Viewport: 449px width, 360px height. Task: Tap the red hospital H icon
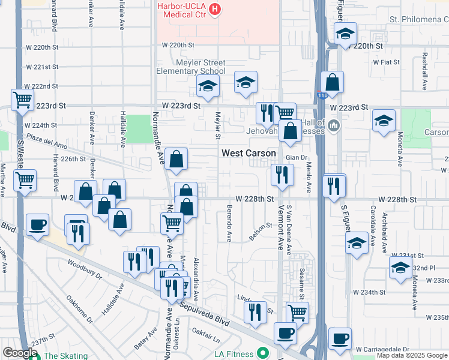(x=214, y=9)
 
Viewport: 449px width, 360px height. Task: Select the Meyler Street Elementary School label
(x=191, y=67)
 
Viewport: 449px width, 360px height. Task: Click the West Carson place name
(x=249, y=153)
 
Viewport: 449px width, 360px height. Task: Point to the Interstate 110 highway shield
(x=322, y=94)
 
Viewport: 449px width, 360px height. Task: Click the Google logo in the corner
(x=19, y=353)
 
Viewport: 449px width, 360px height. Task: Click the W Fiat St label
(x=387, y=61)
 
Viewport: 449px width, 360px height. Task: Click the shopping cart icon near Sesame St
(x=297, y=311)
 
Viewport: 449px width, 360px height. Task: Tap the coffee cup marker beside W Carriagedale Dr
(x=340, y=338)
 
